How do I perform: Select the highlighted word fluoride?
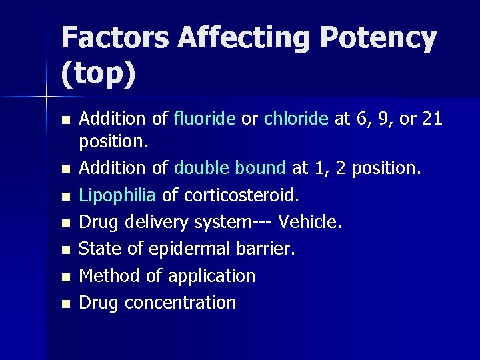pyautogui.click(x=205, y=119)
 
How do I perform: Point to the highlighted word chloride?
pyautogui.click(x=296, y=119)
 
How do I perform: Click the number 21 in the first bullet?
pyautogui.click(x=432, y=119)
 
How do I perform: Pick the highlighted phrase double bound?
pyautogui.click(x=230, y=168)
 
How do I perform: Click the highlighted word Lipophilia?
pyautogui.click(x=117, y=195)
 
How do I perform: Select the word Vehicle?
pyautogui.click(x=310, y=222)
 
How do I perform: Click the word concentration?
pyautogui.click(x=181, y=303)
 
